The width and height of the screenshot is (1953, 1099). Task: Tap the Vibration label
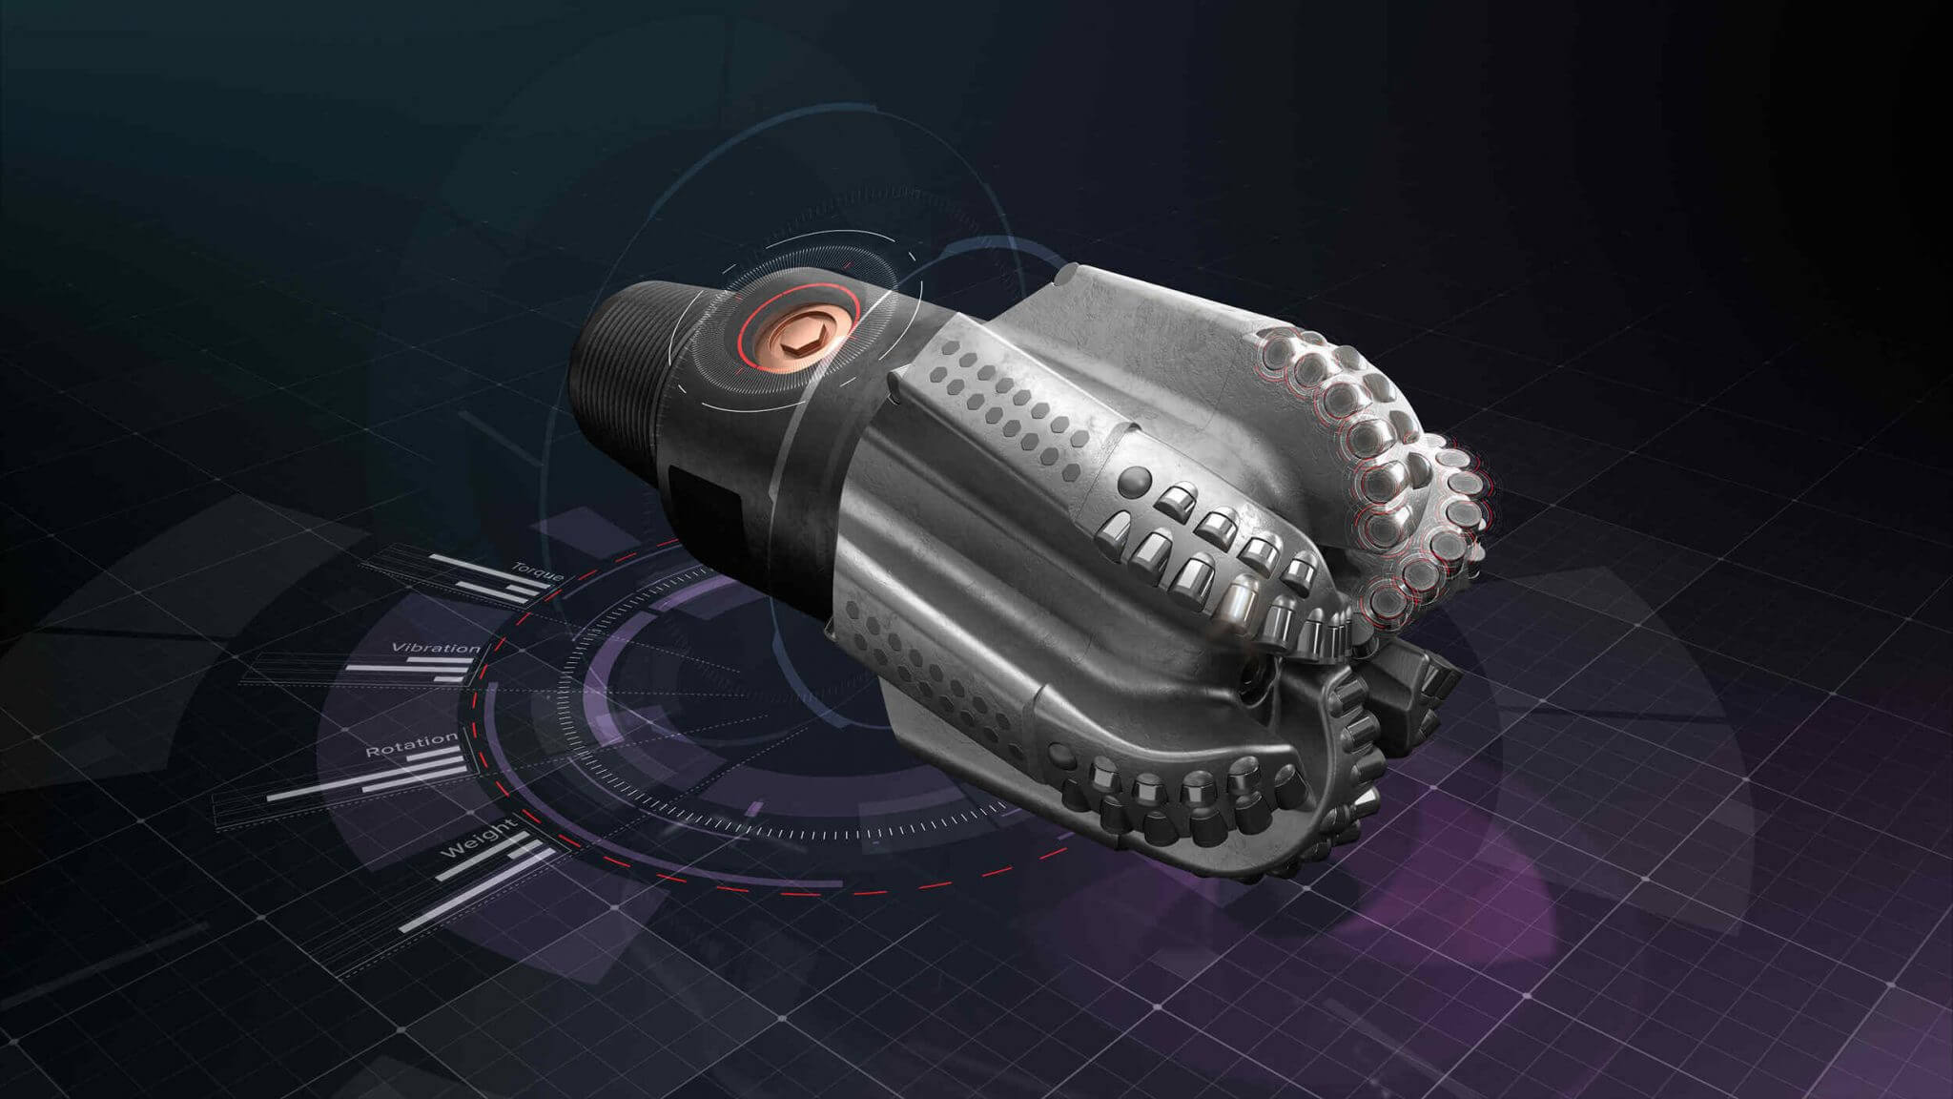click(436, 649)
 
